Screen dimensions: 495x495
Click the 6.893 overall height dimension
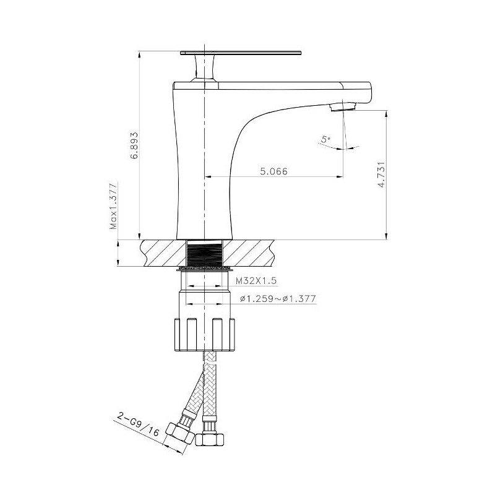[x=135, y=145]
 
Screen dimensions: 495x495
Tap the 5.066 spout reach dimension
[x=273, y=171]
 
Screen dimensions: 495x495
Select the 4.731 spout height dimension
[x=381, y=174]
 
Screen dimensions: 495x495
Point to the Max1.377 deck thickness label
[x=113, y=206]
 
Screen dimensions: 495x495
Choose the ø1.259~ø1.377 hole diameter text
[x=278, y=298]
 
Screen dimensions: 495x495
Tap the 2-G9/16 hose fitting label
[x=139, y=424]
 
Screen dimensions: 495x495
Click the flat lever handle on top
[x=241, y=53]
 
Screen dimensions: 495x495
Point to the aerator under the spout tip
[x=343, y=107]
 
